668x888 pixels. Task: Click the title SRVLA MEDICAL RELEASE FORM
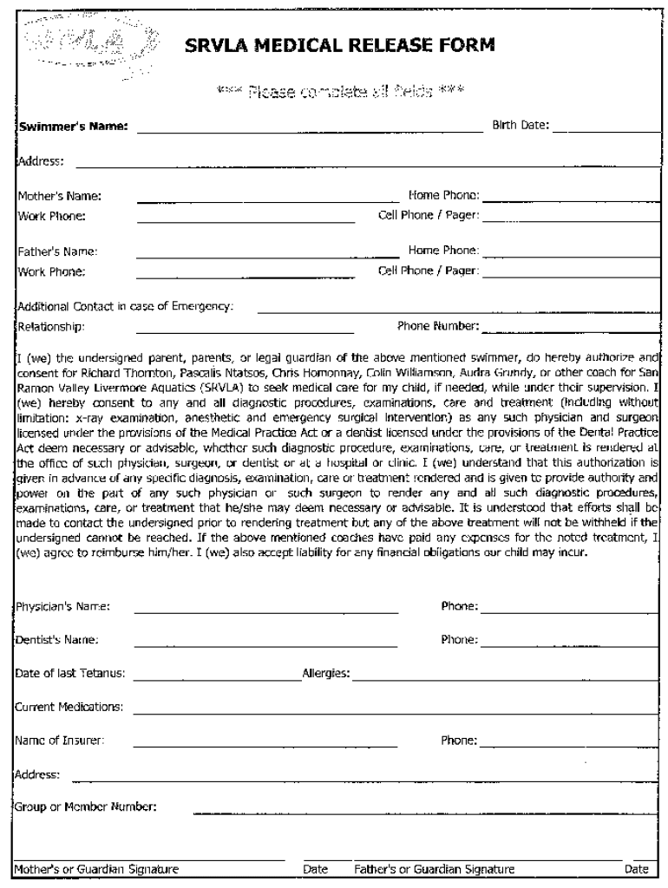340,45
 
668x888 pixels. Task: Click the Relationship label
51,327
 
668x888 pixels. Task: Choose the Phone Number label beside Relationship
438,326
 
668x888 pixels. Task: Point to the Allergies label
325,674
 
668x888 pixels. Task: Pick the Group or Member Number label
86,807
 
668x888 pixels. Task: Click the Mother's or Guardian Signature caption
97,869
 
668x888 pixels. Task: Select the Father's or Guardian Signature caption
434,869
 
